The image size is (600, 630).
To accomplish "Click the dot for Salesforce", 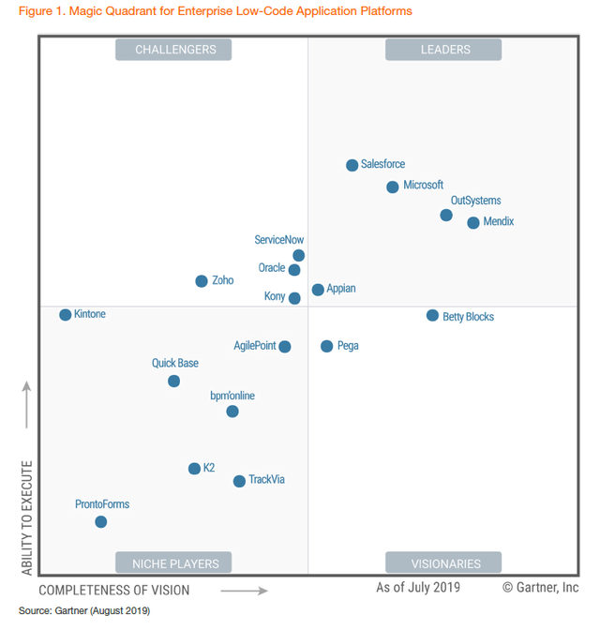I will pyautogui.click(x=352, y=165).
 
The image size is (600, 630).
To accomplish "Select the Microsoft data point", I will pyautogui.click(x=393, y=187).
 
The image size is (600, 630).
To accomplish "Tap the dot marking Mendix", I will pyautogui.click(x=473, y=223).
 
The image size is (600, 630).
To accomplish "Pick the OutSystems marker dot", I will pyautogui.click(x=446, y=216).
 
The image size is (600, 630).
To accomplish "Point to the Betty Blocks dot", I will pyautogui.click(x=432, y=316).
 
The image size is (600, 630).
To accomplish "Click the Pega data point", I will pyautogui.click(x=326, y=346).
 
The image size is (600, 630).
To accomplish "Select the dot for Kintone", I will pyautogui.click(x=66, y=315).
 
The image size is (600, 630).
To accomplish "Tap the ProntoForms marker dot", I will pyautogui.click(x=100, y=522).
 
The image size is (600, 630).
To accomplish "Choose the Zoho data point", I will pyautogui.click(x=202, y=281).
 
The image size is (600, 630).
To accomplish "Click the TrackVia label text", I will pyautogui.click(x=266, y=480).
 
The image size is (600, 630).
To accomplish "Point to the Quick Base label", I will pyautogui.click(x=175, y=363).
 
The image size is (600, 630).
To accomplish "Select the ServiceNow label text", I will pyautogui.click(x=279, y=240).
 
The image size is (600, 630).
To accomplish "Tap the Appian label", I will pyautogui.click(x=341, y=289).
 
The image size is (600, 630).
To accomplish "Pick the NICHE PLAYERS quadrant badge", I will pyautogui.click(x=175, y=563).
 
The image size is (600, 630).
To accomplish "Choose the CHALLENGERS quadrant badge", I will pyautogui.click(x=175, y=50).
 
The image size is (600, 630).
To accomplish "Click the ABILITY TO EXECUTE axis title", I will pyautogui.click(x=26, y=517).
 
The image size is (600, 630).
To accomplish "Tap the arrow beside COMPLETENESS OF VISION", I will pyautogui.click(x=244, y=591).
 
